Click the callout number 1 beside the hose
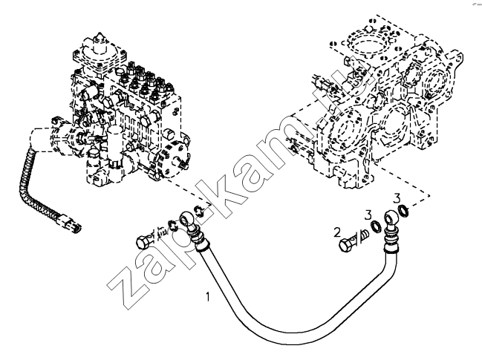(208, 297)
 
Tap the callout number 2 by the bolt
(337, 232)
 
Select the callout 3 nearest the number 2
(368, 215)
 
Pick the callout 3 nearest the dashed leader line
(397, 198)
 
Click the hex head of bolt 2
(345, 245)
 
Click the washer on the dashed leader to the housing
(403, 210)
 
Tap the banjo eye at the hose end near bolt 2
(391, 218)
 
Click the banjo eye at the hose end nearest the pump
(186, 218)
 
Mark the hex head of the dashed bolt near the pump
(142, 242)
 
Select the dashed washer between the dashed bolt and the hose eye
(173, 225)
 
